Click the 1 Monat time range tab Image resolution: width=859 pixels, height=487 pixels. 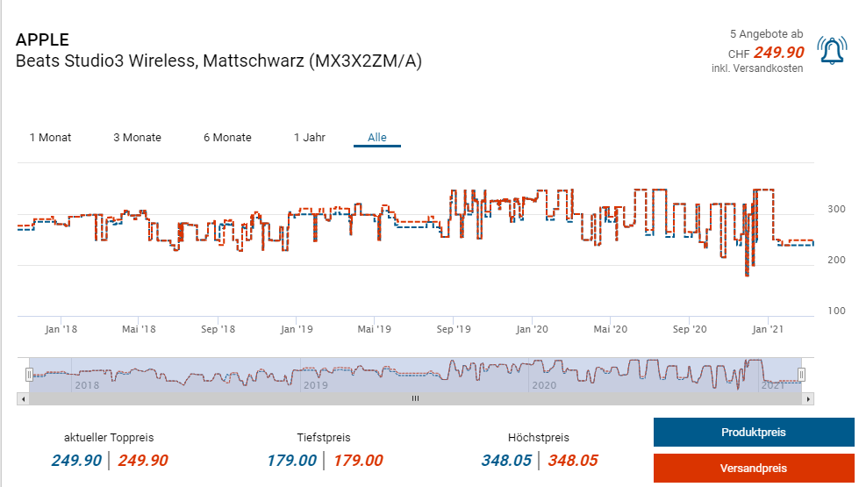pos(50,138)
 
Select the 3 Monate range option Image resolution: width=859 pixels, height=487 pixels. pos(137,138)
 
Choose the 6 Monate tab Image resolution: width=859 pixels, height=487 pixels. pos(227,138)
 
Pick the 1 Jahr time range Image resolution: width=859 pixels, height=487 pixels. pos(310,138)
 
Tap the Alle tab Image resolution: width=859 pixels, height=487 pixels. pos(377,138)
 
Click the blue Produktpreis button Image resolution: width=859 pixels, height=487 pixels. pos(753,433)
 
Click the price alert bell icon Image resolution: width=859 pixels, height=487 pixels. pos(832,51)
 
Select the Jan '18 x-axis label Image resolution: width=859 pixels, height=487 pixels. pos(61,330)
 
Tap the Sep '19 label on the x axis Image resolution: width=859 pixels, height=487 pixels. pos(453,330)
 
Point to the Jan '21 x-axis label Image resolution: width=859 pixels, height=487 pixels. pos(768,330)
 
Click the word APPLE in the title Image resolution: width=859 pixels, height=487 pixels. pos(42,40)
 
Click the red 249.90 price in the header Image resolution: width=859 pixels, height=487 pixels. pos(778,53)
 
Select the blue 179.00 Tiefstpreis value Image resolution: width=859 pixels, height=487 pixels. pos(291,461)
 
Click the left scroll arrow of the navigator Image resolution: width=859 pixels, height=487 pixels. pos(22,398)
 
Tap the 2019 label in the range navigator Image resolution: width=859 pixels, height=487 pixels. pos(314,385)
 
